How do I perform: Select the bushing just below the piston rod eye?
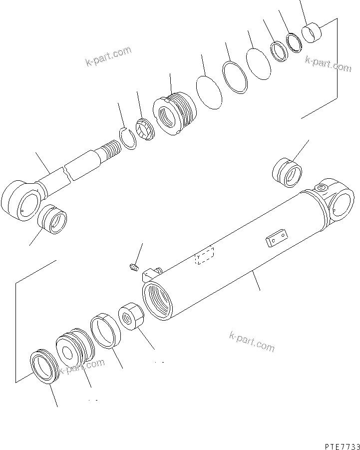tap(53, 219)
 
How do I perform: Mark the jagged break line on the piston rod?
tap(68, 172)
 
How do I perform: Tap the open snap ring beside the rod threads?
tap(130, 138)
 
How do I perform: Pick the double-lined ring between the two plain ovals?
tap(235, 77)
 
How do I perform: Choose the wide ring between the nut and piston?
tap(105, 330)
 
